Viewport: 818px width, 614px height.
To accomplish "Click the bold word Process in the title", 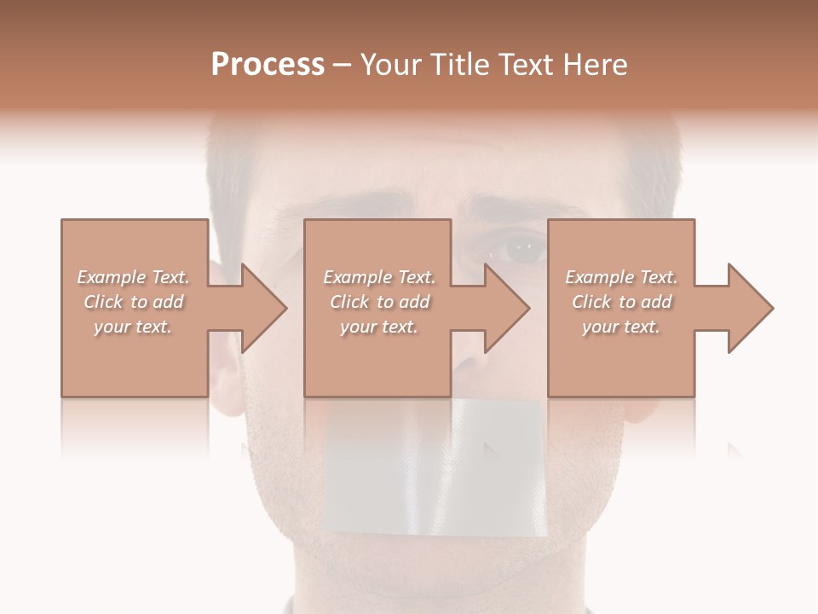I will pos(268,65).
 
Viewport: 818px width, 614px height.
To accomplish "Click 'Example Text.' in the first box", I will pos(133,277).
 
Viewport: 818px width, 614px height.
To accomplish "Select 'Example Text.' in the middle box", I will pos(379,277).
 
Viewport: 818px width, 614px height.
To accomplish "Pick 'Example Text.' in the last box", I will pos(621,277).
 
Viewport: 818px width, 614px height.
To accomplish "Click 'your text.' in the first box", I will pos(133,327).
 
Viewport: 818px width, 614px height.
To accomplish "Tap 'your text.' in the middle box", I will pos(379,327).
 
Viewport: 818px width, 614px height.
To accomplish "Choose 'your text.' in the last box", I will pos(621,327).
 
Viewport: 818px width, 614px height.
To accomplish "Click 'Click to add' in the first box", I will pos(133,302).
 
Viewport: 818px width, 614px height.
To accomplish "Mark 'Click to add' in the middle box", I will pos(379,302).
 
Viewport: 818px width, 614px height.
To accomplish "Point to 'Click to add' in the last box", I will pos(621,302).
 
